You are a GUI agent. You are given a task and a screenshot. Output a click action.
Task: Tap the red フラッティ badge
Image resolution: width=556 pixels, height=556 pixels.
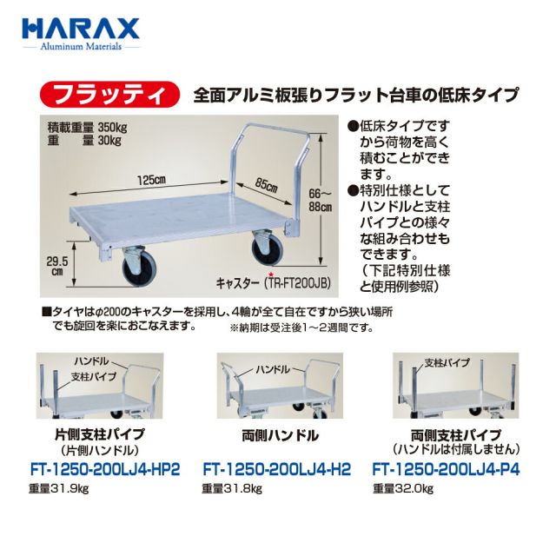(109, 95)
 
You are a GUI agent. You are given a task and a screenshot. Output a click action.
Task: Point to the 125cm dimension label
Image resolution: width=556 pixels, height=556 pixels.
(152, 180)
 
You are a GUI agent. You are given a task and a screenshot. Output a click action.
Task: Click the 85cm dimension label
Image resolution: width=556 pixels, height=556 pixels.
(266, 185)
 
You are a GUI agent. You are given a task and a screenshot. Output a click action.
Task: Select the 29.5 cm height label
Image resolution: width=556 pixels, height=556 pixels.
(57, 266)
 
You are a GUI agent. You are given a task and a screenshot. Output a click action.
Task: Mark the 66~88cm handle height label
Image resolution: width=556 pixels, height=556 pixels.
(320, 201)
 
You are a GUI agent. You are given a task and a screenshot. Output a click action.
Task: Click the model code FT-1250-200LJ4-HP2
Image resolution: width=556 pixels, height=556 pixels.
(105, 470)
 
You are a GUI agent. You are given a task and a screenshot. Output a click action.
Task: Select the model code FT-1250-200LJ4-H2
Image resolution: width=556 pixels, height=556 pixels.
(276, 470)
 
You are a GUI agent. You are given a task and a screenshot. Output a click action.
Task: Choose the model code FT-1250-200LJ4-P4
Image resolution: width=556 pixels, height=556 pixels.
(446, 470)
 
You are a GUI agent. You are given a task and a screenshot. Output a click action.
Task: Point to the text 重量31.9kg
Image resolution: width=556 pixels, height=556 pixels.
(59, 489)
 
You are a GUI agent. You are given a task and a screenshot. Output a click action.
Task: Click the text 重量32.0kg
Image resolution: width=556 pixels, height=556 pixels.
(403, 489)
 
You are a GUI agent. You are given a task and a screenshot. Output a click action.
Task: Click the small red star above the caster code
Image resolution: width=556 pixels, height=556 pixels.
(271, 275)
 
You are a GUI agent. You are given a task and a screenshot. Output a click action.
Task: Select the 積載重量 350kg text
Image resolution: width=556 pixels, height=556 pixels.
(87, 127)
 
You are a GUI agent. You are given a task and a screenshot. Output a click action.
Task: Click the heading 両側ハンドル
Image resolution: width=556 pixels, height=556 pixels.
(280, 436)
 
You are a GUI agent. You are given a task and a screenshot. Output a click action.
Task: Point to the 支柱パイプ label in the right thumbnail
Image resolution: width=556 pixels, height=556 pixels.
(447, 363)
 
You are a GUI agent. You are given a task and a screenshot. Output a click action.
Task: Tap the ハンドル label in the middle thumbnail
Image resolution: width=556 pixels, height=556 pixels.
(273, 369)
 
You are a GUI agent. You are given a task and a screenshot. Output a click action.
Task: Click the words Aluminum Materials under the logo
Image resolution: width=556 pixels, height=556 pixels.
(81, 46)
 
